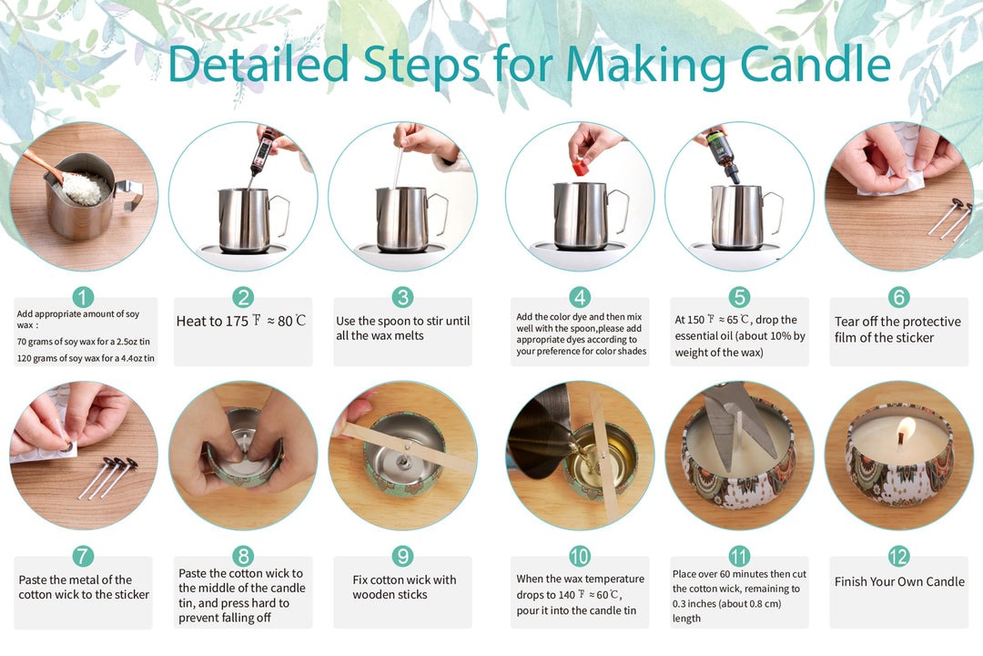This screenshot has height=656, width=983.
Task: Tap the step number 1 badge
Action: coord(83,297)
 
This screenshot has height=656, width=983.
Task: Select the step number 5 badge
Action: coord(739,297)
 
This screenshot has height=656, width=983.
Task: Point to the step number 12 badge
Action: coord(898,556)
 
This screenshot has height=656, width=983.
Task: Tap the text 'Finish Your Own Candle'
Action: coord(899,582)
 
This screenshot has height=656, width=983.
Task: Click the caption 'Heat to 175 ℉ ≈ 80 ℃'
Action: coord(241,321)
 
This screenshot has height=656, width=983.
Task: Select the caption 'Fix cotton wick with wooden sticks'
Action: coord(404,587)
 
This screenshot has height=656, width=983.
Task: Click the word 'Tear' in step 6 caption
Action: coord(846,322)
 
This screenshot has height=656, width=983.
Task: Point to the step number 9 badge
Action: coord(402,556)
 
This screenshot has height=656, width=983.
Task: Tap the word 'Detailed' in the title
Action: coord(258,63)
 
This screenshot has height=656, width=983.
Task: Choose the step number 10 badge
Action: coord(579,556)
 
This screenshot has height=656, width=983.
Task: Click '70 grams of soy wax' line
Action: coord(84,342)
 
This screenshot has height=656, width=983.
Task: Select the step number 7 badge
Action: coord(83,556)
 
